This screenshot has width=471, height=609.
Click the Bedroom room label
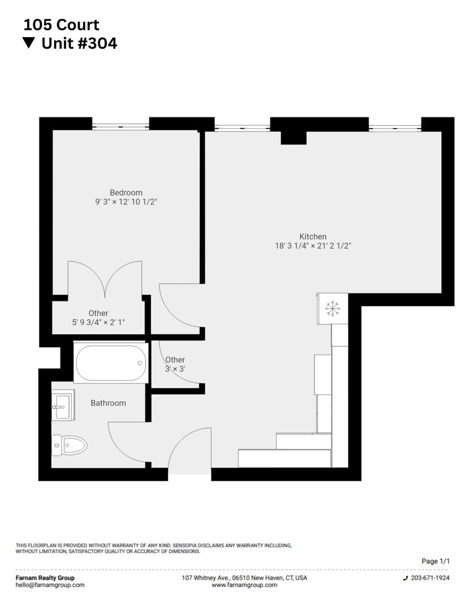126,193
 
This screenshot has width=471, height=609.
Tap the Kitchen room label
313,237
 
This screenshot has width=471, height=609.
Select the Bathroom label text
108,403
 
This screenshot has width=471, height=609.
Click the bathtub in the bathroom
111,363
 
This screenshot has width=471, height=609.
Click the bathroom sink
62,405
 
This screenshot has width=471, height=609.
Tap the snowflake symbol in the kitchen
332,308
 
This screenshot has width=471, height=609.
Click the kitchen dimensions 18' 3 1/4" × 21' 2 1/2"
313,246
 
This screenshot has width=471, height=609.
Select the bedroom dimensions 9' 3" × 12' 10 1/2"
126,202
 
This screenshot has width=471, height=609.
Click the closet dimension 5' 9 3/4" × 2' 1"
98,323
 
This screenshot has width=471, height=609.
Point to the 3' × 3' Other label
175,364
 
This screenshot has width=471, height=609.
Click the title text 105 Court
61,25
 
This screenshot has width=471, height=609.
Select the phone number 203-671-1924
430,578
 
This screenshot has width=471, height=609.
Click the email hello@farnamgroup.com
50,585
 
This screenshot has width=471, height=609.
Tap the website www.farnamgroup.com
244,585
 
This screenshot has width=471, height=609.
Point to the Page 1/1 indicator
435,561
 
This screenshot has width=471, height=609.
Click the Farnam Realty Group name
45,578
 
